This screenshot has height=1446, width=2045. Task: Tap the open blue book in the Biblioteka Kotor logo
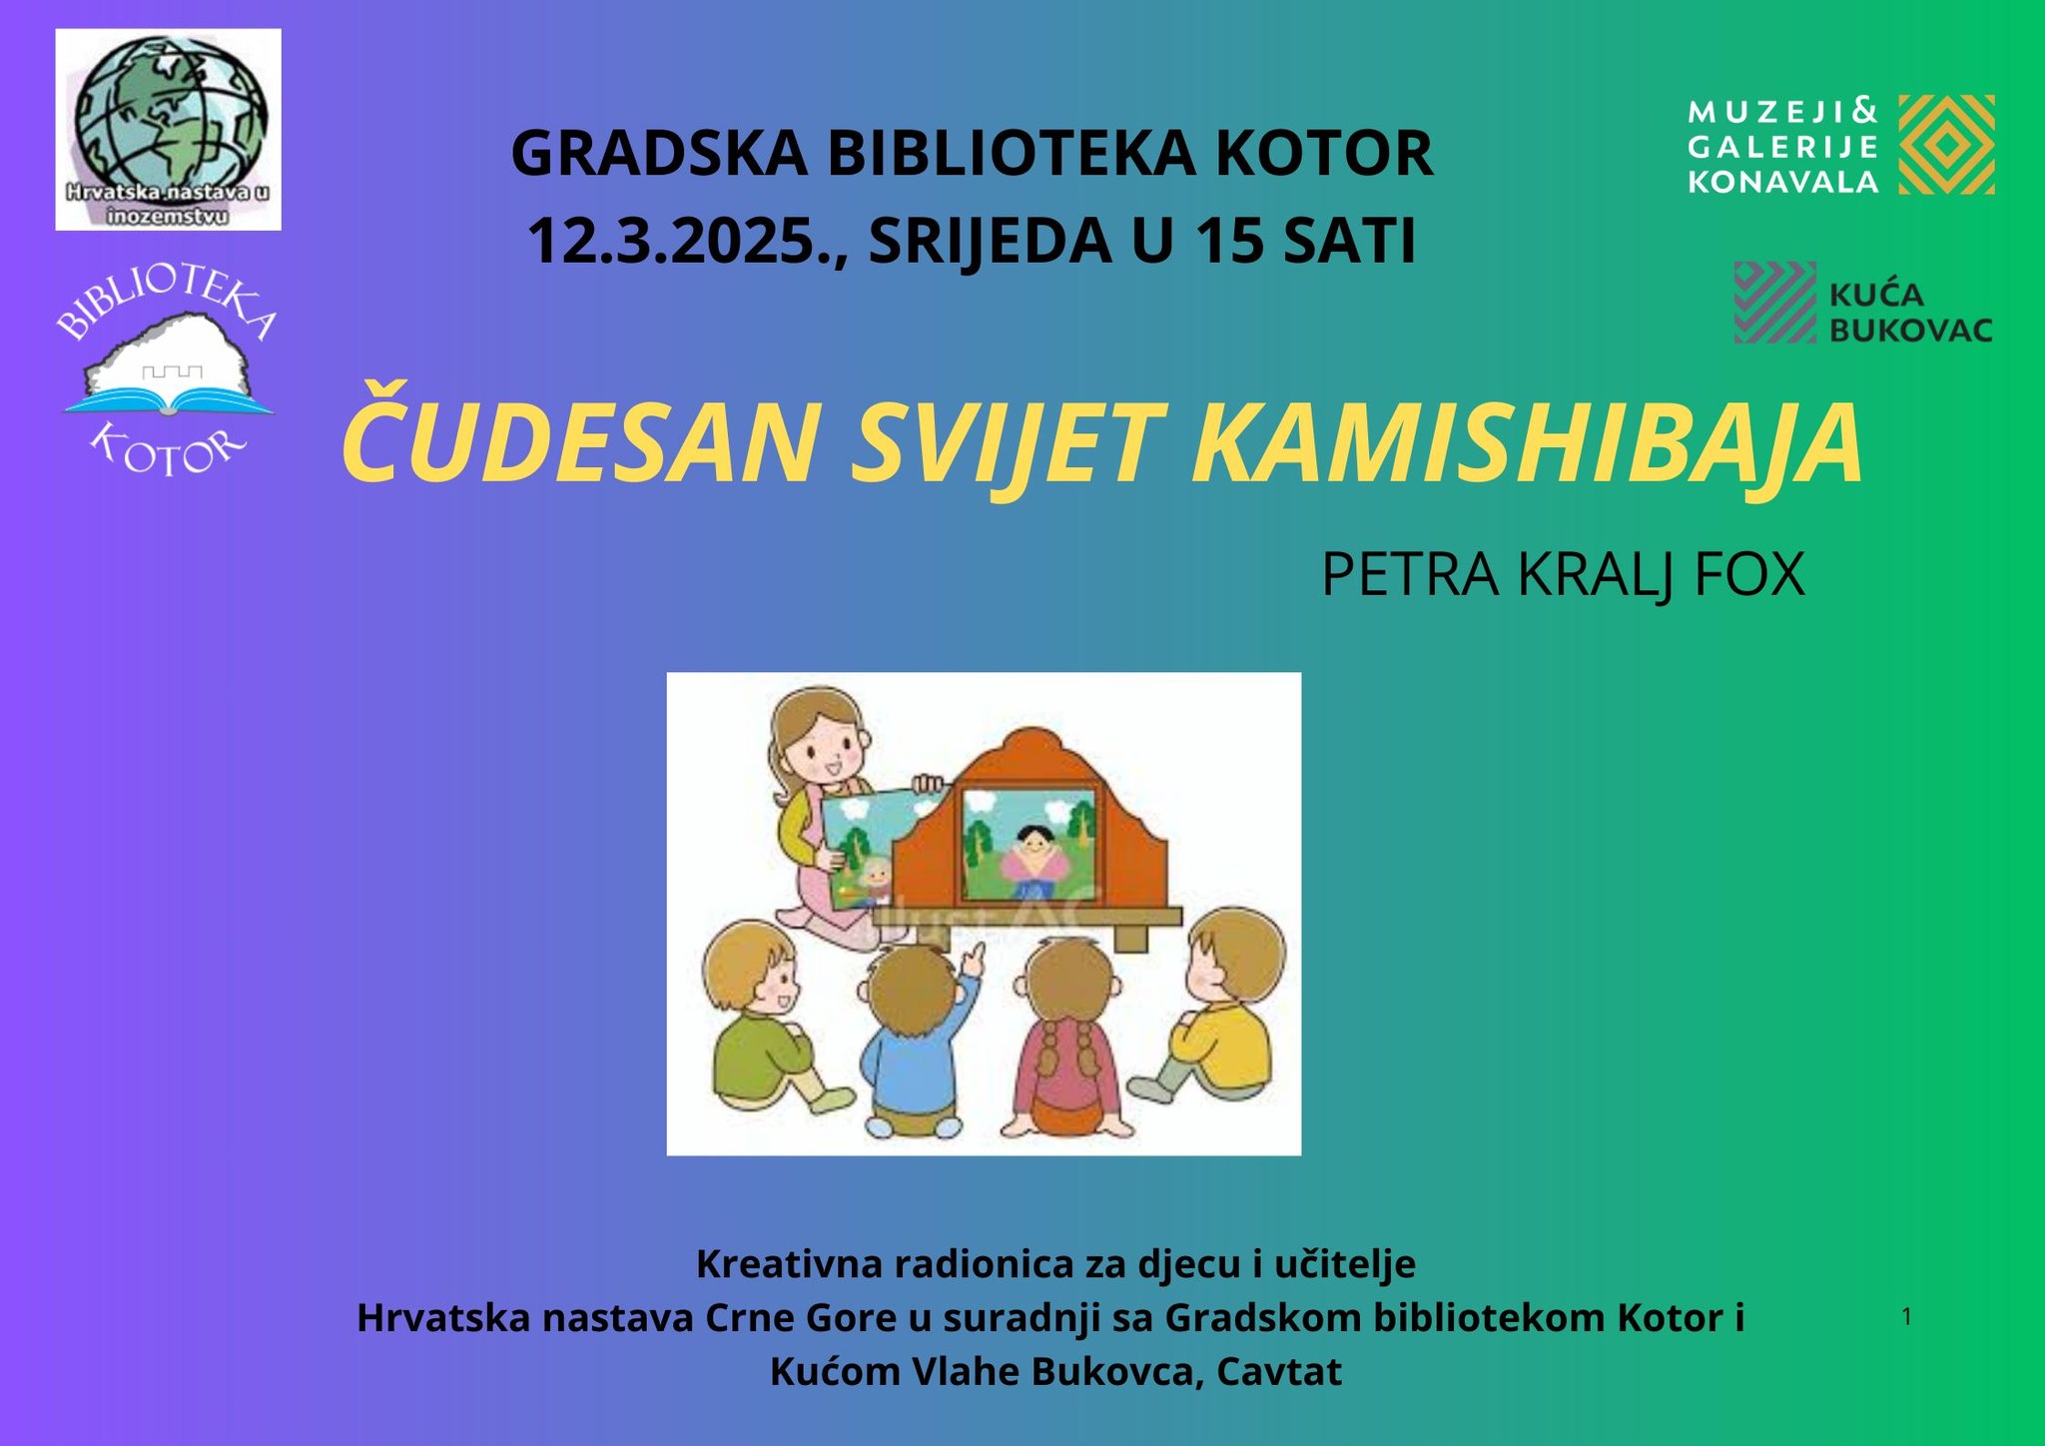pos(169,402)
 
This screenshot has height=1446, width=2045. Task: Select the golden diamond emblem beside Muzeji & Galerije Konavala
pos(1946,144)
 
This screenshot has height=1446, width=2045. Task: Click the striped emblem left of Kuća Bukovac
pos(1774,303)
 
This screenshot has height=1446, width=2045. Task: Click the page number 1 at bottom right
pos(1906,1317)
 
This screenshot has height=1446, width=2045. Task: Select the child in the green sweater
pos(769,1019)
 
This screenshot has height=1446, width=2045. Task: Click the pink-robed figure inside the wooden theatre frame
pos(1034,859)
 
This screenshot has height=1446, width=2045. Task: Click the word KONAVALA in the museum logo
pos(1783,182)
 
